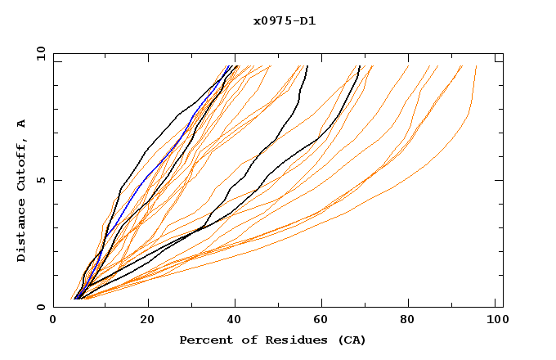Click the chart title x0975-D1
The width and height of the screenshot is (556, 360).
point(285,21)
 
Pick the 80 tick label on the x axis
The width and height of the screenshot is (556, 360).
point(413,321)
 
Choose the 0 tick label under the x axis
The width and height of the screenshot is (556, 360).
point(53,321)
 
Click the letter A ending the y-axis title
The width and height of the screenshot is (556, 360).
point(22,123)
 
